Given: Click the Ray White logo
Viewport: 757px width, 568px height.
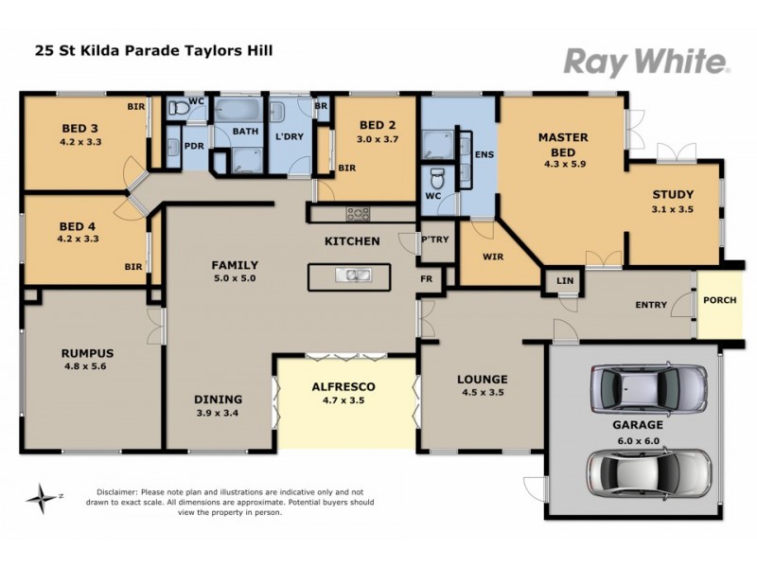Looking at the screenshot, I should pos(646,62).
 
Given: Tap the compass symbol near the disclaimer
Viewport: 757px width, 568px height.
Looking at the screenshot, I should pos(43,495).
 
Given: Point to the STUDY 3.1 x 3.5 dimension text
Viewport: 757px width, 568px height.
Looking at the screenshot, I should pos(673,210).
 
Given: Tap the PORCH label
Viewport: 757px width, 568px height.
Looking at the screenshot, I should pos(719,300).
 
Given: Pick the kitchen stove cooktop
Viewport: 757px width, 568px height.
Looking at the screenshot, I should pos(359,213).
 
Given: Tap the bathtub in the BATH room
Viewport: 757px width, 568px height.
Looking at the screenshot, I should pos(244,113).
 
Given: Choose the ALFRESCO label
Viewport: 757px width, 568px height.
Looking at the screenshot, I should pos(344,386).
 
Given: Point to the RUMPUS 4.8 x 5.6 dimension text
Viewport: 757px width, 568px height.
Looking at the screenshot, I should pos(88,366).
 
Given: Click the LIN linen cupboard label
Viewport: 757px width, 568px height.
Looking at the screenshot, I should pos(565,283).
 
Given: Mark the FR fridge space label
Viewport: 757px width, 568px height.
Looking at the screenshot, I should pos(427,279).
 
